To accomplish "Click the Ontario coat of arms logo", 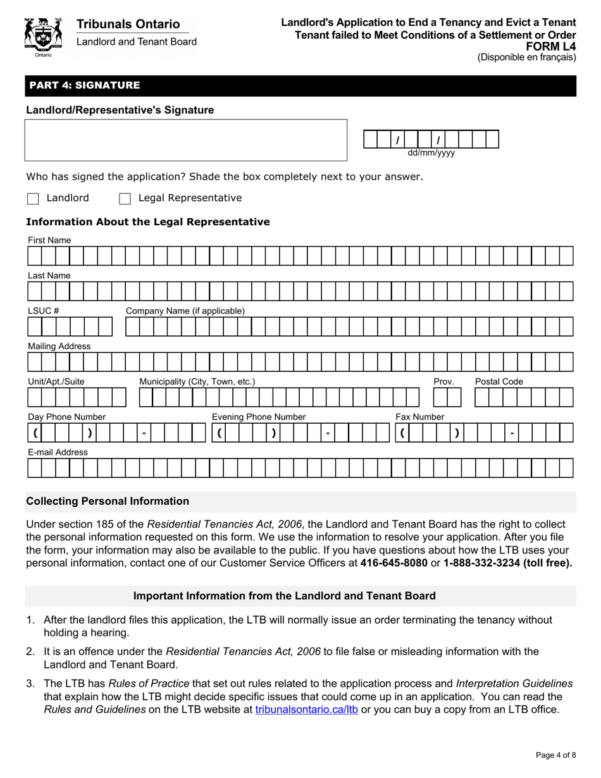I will click(42, 37).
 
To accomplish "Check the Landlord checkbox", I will click(33, 199).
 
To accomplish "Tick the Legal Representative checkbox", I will click(125, 199).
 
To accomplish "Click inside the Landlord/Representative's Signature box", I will click(186, 140).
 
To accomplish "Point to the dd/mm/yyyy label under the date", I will click(431, 153).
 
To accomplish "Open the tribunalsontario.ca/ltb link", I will click(307, 709).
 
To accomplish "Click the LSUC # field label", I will click(43, 311).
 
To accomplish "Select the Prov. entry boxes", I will click(448, 397).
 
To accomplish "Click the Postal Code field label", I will click(499, 381).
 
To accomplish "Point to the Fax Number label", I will click(419, 417).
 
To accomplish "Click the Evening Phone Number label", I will click(258, 417).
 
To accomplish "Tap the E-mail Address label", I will click(58, 452).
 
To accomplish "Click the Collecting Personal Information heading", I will click(108, 501).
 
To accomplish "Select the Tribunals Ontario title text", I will click(128, 24).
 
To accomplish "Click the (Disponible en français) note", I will click(526, 57).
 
